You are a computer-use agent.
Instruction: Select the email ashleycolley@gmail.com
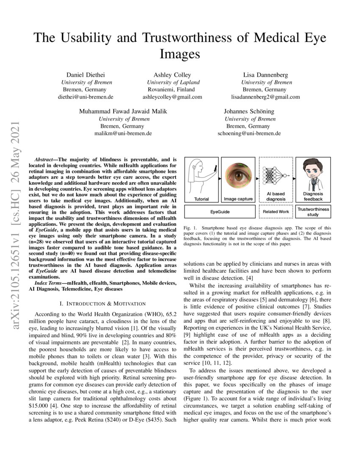coord(172,97)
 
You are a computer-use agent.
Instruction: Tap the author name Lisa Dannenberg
coord(265,75)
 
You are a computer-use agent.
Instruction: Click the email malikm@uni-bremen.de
coord(123,133)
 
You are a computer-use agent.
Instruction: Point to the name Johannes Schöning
coord(249,111)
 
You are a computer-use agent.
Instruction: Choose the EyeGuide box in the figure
coord(220,211)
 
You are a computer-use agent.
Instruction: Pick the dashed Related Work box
coord(276,211)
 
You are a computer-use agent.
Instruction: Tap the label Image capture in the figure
coord(238,199)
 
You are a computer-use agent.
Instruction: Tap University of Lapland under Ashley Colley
coord(173,82)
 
